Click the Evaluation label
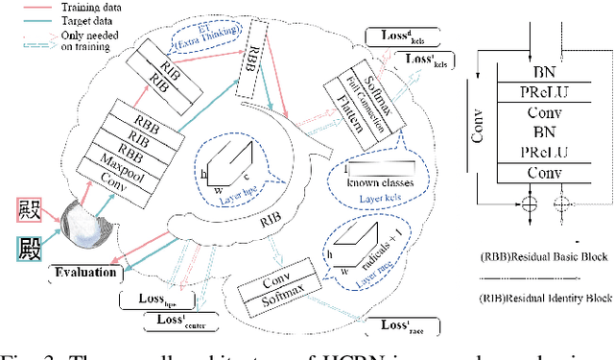(85, 273)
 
